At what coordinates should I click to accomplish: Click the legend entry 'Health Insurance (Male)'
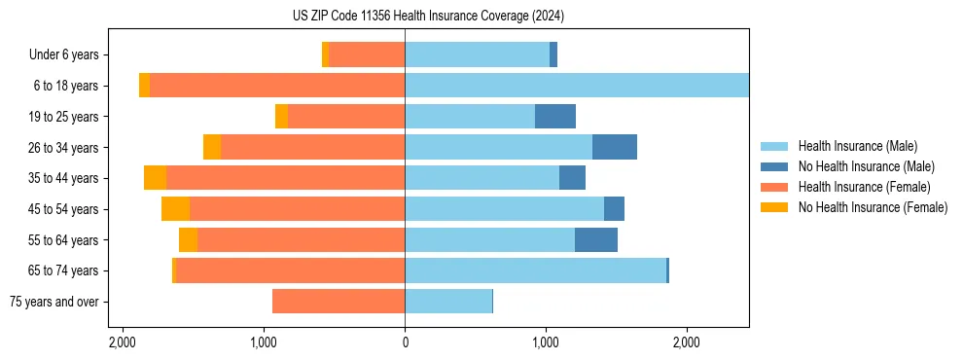(x=857, y=147)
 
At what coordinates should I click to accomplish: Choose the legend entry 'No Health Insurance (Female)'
(x=873, y=207)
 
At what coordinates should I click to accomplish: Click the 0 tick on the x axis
(x=405, y=342)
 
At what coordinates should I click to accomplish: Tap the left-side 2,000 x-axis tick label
(x=123, y=342)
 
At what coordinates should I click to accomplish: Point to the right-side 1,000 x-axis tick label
(x=546, y=342)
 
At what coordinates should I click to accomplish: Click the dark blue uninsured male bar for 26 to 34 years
(x=615, y=148)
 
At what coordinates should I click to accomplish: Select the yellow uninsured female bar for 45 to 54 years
(x=175, y=209)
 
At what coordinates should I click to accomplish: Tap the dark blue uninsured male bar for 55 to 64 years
(x=596, y=239)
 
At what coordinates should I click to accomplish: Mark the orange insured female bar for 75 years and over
(x=339, y=302)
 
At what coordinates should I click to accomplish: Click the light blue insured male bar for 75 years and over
(x=448, y=302)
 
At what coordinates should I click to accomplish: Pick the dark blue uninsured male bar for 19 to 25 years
(x=555, y=117)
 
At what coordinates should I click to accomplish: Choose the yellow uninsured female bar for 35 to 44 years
(x=155, y=178)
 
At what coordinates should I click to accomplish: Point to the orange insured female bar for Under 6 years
(x=367, y=55)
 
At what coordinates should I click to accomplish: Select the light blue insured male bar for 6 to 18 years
(x=577, y=86)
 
